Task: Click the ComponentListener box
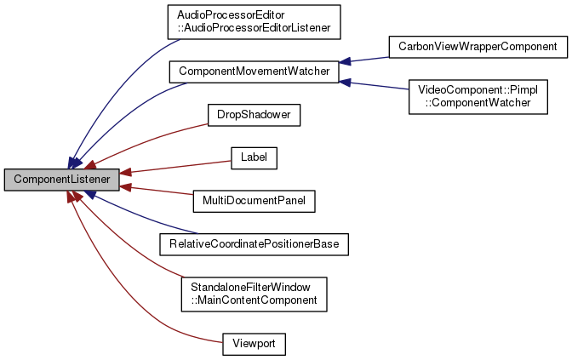61,180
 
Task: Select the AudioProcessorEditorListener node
254,22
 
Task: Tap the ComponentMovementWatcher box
254,71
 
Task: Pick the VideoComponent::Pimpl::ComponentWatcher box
481,95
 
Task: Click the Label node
254,157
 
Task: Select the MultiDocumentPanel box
254,201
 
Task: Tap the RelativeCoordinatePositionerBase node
254,244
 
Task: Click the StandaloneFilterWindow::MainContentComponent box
254,294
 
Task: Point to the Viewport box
254,344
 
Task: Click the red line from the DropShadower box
153,137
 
